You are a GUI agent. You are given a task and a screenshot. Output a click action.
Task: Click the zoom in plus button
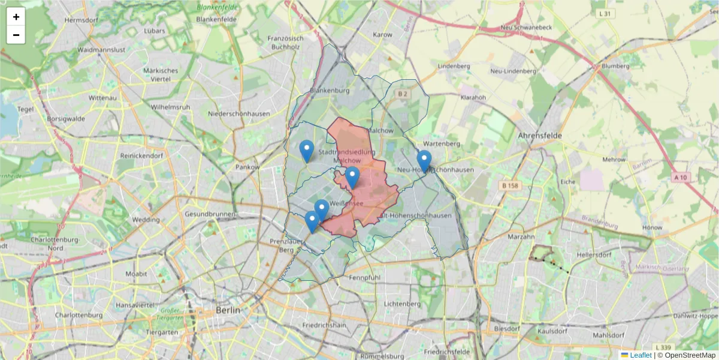point(16,17)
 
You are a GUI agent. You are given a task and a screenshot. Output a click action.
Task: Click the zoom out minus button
point(16,35)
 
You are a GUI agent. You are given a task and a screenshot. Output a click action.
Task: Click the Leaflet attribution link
point(641,355)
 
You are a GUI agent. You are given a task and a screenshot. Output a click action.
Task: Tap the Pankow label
point(247,167)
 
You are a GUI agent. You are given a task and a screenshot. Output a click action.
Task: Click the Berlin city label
point(228,310)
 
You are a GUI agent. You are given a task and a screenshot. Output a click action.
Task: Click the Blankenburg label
point(330,91)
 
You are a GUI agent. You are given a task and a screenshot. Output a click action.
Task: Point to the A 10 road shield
point(679,178)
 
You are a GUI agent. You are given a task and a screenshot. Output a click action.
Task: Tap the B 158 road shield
point(510,186)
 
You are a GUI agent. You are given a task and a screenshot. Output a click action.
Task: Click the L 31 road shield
point(605,13)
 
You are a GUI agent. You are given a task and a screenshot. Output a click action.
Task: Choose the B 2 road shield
point(403,94)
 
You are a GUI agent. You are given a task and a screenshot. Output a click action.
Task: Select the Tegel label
point(26,109)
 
